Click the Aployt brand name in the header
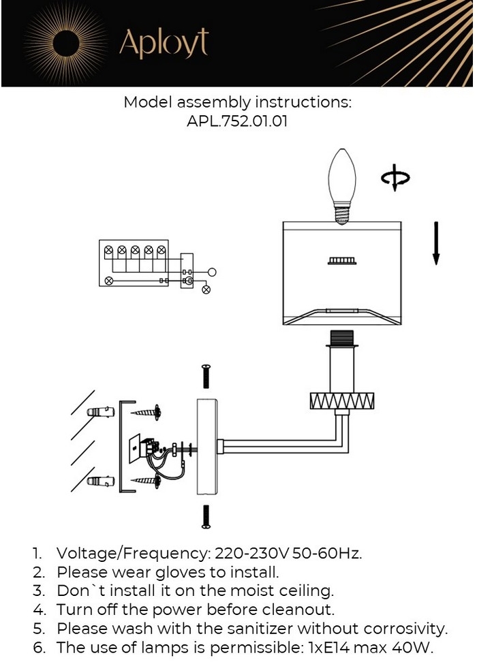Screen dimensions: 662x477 (x=164, y=43)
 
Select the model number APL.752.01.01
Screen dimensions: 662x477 (x=236, y=123)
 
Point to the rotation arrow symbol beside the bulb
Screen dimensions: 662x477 (x=395, y=179)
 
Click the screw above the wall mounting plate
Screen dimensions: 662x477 (x=206, y=376)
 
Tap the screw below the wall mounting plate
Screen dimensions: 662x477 (x=206, y=516)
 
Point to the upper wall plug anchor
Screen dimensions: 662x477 (x=99, y=412)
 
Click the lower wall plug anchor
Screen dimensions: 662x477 (x=99, y=481)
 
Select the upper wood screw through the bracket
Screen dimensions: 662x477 (x=147, y=411)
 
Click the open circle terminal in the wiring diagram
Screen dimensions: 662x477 (x=212, y=272)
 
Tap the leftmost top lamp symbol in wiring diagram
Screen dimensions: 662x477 (x=108, y=251)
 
